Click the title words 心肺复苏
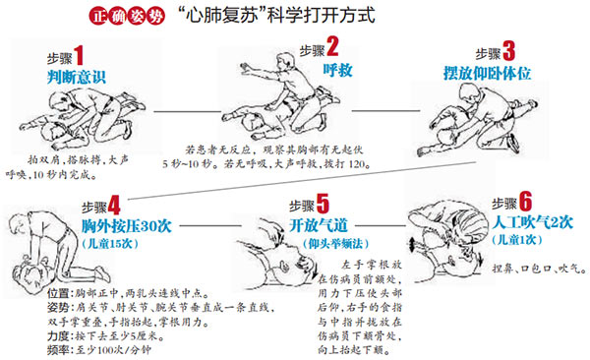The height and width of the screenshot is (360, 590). click(x=218, y=18)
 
